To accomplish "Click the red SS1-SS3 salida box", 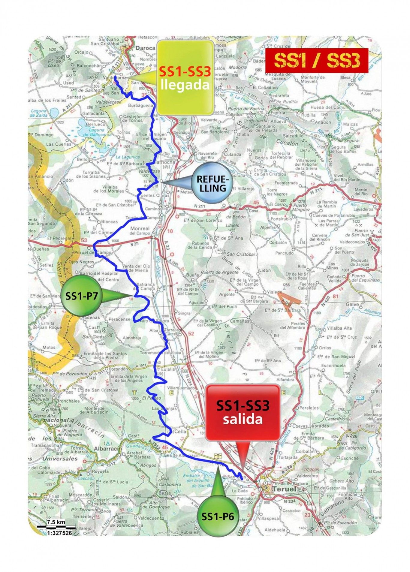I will pos(243,412).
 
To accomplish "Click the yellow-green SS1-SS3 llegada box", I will pos(185,77).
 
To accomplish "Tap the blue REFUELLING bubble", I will pos(211,183).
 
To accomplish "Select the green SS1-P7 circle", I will pos(81,296).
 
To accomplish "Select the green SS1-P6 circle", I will pos(218,516).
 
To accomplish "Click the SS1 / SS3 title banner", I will pos(317,61).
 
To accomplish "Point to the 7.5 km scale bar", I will pos(56,527).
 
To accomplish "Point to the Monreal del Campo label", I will pos(140,230).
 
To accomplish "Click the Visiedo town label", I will pos(275,292).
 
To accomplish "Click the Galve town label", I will pos(352,304).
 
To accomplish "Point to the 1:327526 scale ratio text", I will pos(59,533).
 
